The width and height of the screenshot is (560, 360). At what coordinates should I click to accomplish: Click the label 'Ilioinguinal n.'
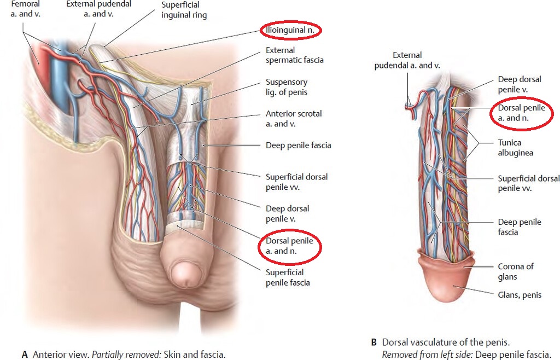290,30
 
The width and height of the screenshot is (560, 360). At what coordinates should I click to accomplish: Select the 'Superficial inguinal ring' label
184,10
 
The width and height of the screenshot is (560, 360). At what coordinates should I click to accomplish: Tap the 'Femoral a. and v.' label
25,9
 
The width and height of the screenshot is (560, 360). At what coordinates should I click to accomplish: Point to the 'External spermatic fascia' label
295,55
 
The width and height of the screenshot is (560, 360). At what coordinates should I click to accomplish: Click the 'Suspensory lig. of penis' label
287,87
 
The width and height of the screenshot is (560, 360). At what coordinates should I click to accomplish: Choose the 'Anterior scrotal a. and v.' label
294,119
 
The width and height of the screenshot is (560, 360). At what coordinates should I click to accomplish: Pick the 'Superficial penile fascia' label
288,277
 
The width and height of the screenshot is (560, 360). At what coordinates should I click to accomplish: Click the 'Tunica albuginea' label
515,148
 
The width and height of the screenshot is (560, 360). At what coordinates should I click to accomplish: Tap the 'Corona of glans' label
516,271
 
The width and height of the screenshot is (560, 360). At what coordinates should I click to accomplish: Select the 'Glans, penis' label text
520,295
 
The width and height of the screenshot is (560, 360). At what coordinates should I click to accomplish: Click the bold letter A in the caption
25,355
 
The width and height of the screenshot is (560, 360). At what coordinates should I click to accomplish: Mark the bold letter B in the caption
374,342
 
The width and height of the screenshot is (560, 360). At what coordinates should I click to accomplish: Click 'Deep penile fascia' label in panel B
520,227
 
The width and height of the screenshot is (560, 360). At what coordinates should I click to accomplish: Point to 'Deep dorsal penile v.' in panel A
288,213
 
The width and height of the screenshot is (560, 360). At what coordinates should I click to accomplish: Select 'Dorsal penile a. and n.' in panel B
521,113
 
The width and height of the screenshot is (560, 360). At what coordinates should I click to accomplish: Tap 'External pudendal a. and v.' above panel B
407,60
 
